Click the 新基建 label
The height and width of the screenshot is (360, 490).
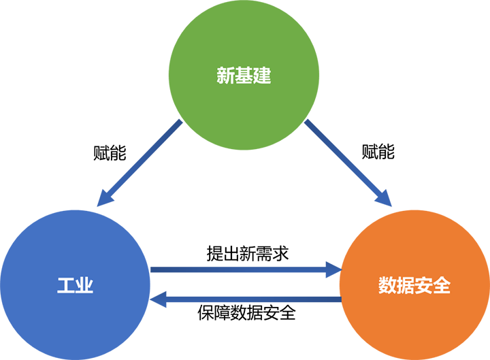pyautogui.click(x=244, y=76)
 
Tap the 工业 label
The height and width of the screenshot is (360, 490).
pyautogui.click(x=75, y=285)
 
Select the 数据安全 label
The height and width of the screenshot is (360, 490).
pyautogui.click(x=414, y=285)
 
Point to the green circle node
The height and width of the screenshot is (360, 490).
pyautogui.click(x=244, y=102)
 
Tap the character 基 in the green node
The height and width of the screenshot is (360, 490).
pyautogui.click(x=244, y=76)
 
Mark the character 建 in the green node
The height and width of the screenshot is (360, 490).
pyautogui.click(x=262, y=76)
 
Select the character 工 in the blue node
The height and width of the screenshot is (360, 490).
pyautogui.click(x=65, y=285)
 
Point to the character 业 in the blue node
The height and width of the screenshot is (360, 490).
pyautogui.click(x=84, y=285)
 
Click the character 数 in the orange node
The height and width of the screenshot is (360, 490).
pyautogui.click(x=387, y=285)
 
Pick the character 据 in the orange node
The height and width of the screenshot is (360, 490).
pyautogui.click(x=406, y=285)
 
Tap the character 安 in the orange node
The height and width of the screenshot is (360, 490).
pyautogui.click(x=423, y=285)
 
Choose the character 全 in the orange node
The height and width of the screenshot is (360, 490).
pyautogui.click(x=442, y=285)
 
